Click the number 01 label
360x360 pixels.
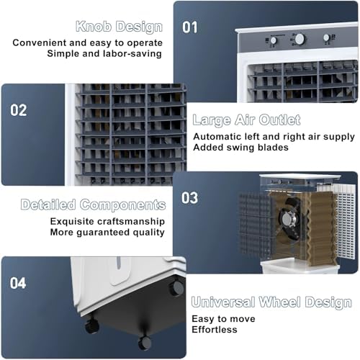(x=189, y=27)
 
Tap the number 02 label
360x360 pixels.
(x=18, y=110)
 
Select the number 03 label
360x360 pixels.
(x=189, y=197)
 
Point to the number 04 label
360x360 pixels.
(x=18, y=283)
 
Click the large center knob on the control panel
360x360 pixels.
(x=300, y=39)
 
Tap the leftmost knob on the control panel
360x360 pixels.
(x=273, y=40)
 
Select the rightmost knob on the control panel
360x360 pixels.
(x=327, y=37)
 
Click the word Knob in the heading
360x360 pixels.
(x=95, y=27)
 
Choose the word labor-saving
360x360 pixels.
(x=130, y=54)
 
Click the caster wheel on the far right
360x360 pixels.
(x=175, y=289)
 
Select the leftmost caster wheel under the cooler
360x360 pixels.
(x=91, y=326)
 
